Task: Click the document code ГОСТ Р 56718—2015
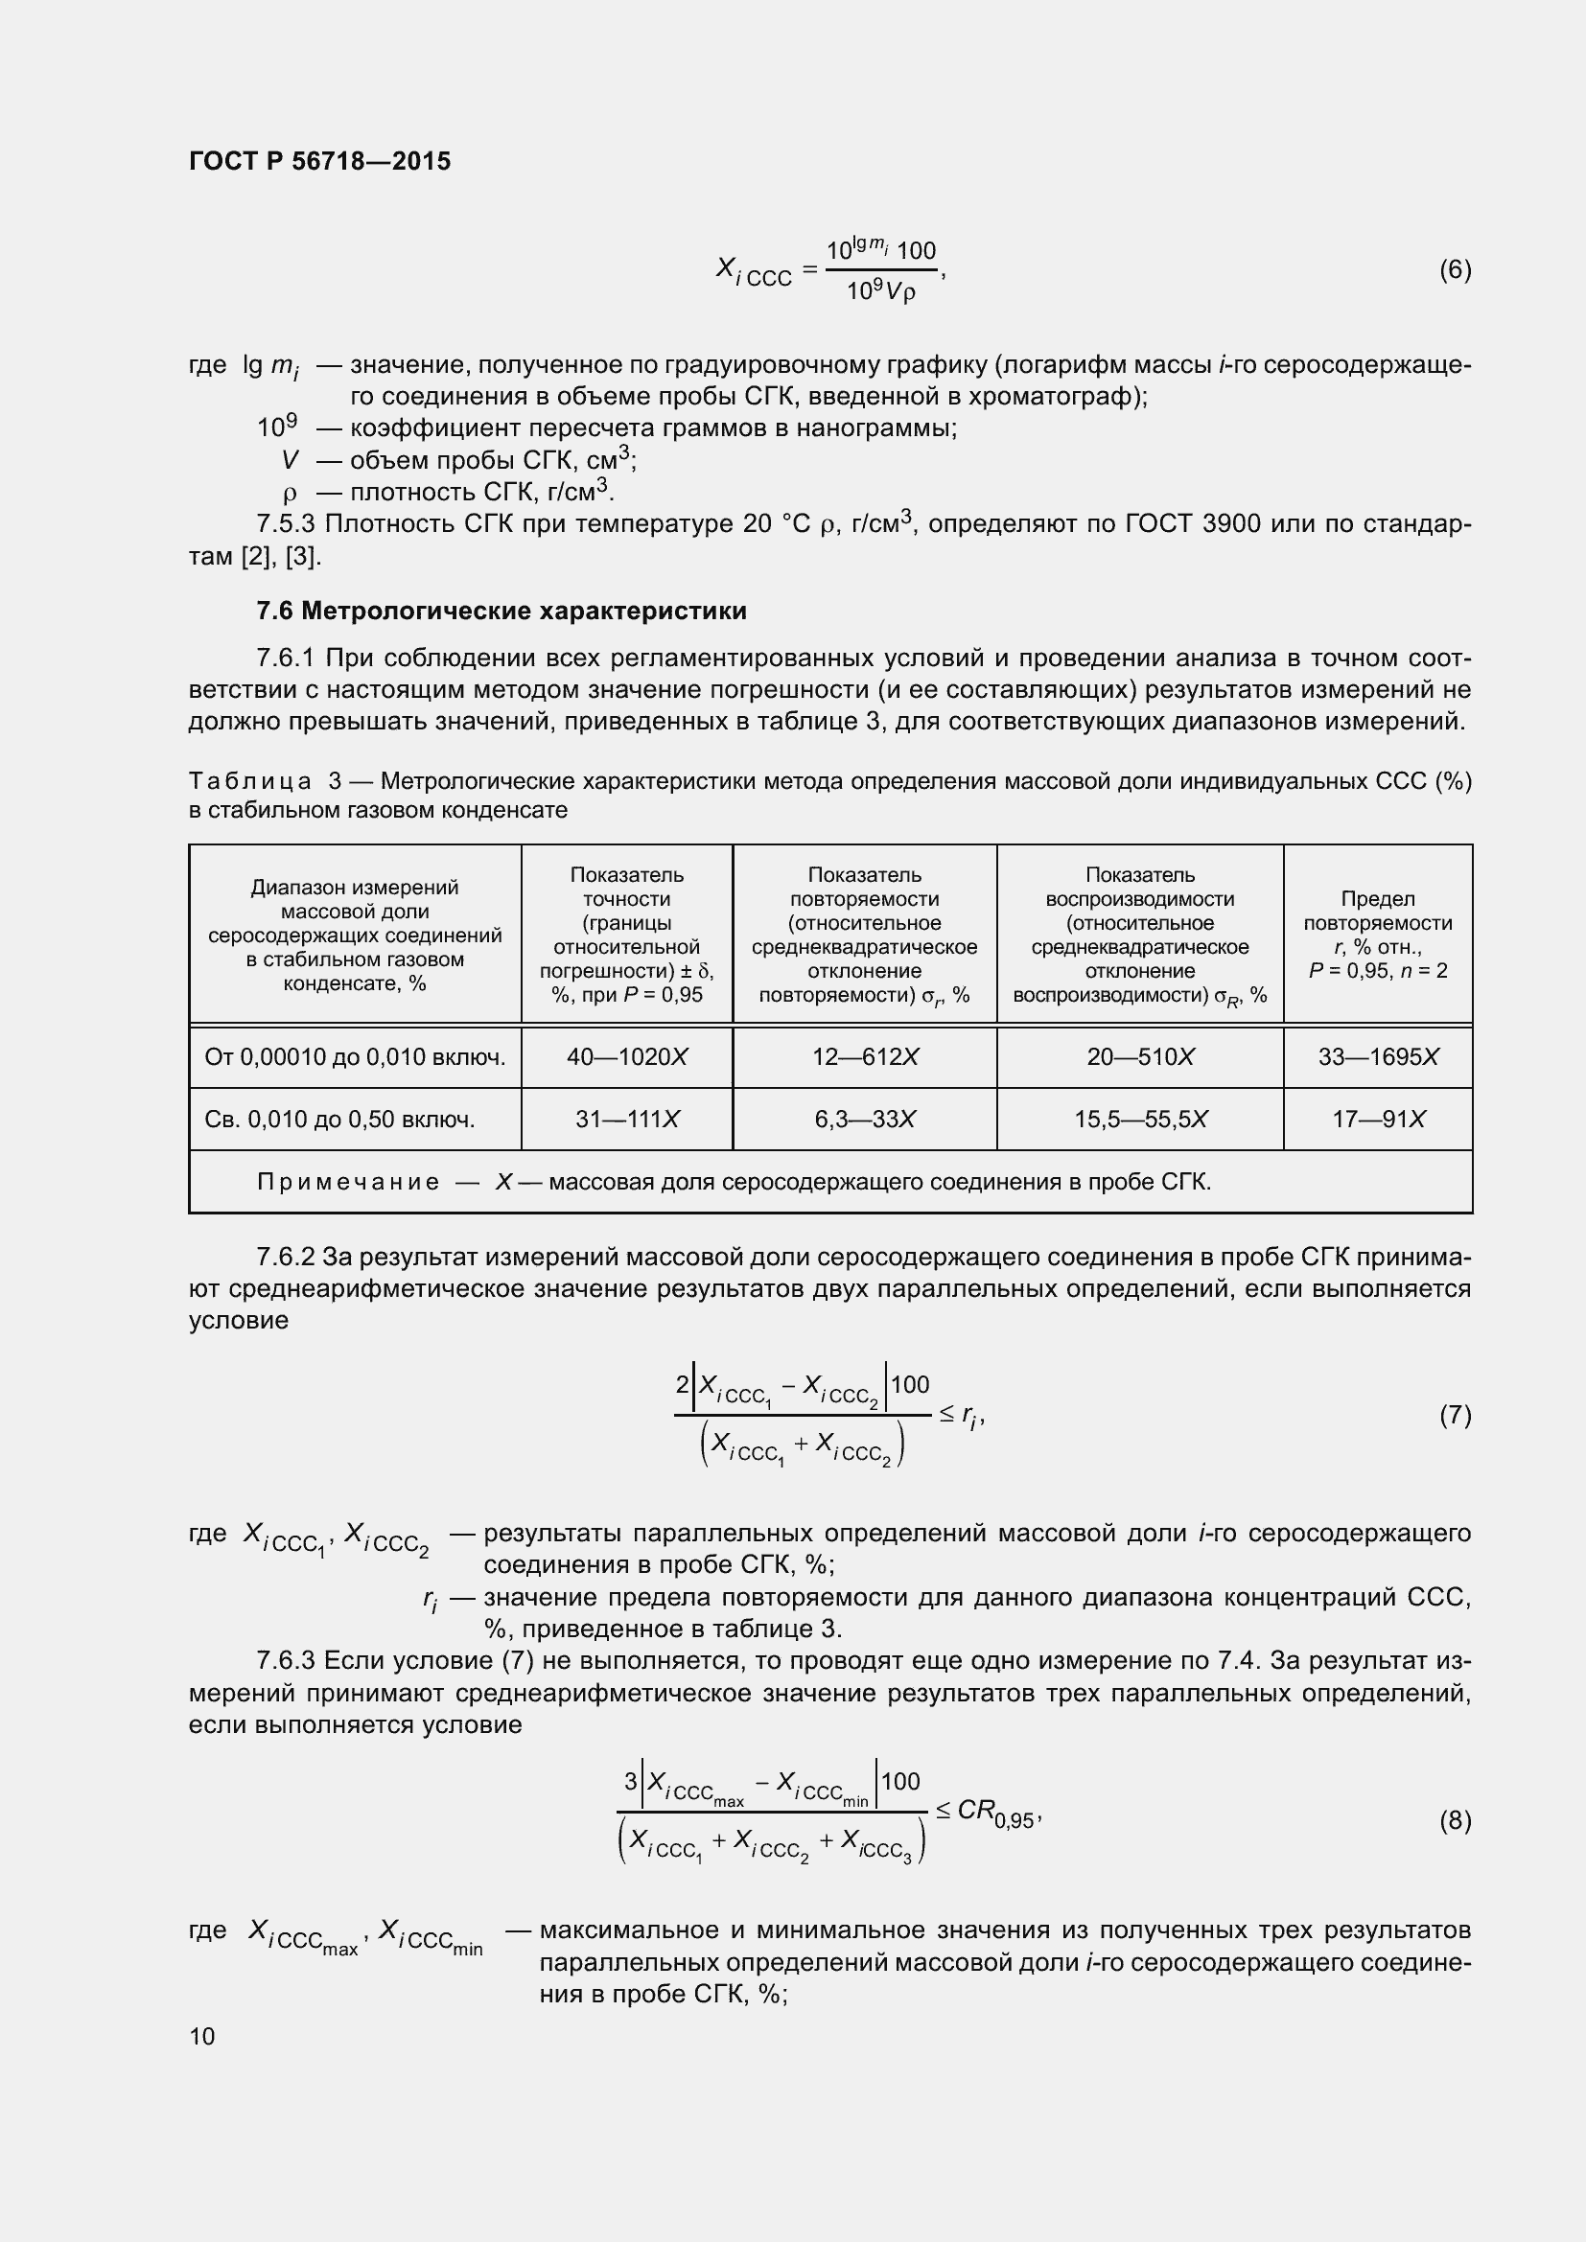pyautogui.click(x=319, y=162)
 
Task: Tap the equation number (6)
pyautogui.click(x=1455, y=269)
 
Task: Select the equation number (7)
pyautogui.click(x=1455, y=1415)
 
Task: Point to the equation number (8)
pyautogui.click(x=1455, y=1820)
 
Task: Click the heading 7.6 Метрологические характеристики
pyautogui.click(x=501, y=612)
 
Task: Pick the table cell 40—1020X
pyautogui.click(x=627, y=1056)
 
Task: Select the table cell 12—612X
pyautogui.click(x=864, y=1056)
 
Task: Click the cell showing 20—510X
pyautogui.click(x=1140, y=1056)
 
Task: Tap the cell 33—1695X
pyautogui.click(x=1378, y=1056)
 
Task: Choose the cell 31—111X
pyautogui.click(x=627, y=1119)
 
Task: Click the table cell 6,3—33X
pyautogui.click(x=864, y=1119)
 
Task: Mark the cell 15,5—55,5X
pyautogui.click(x=1140, y=1119)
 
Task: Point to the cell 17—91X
pyautogui.click(x=1378, y=1119)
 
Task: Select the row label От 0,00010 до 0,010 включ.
pyautogui.click(x=355, y=1056)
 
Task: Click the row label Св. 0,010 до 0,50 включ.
pyautogui.click(x=338, y=1119)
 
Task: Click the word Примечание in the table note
pyautogui.click(x=348, y=1183)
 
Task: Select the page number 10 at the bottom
pyautogui.click(x=202, y=2036)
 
